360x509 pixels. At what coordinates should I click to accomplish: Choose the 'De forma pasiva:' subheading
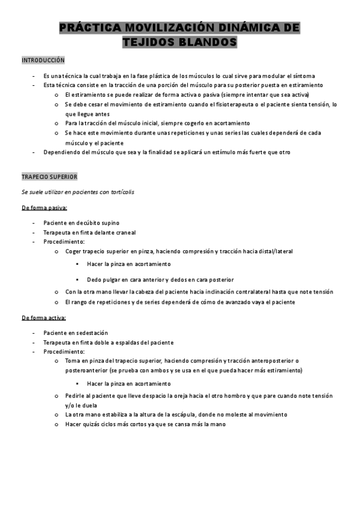[x=44, y=208]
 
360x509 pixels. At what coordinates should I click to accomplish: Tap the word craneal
[x=122, y=232]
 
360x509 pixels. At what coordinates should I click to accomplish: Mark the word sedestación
[x=91, y=333]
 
